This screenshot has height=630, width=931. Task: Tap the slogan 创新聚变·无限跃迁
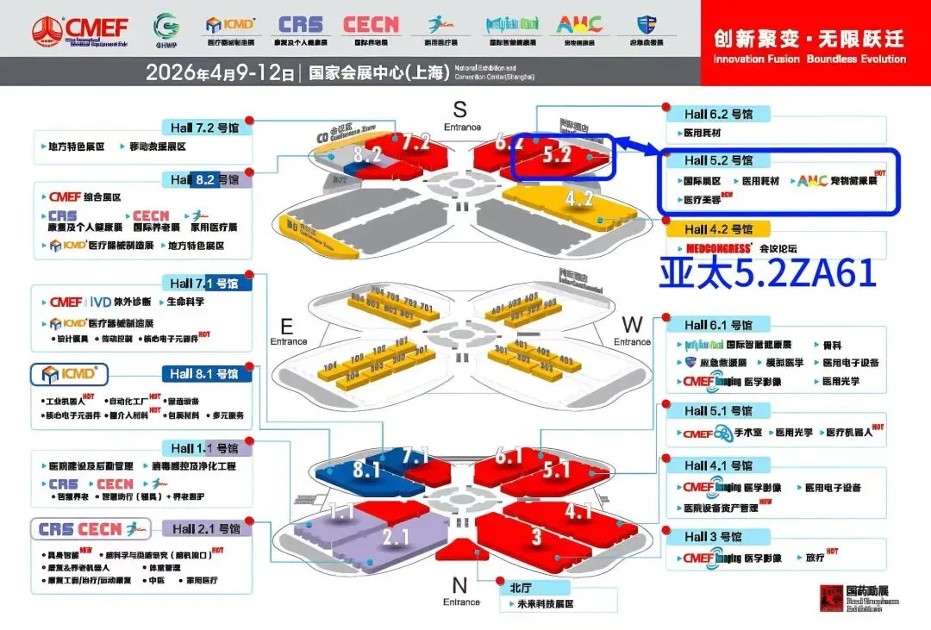pos(809,39)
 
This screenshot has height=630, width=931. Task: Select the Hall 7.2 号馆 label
pos(205,127)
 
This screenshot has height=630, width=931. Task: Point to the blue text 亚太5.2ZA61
pos(768,273)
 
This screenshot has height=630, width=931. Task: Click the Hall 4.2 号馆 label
pos(718,229)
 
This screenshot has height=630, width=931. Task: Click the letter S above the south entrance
pos(459,109)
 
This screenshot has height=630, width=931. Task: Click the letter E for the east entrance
pos(287,327)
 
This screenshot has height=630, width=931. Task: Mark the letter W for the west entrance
pos(632,325)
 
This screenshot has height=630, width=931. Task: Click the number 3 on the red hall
pos(536,537)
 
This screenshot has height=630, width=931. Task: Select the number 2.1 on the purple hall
pos(395,538)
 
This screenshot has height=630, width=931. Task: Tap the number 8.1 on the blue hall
pos(366,471)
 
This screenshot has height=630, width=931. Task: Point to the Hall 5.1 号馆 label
pos(718,410)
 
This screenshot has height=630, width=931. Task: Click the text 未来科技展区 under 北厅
pos(540,604)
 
